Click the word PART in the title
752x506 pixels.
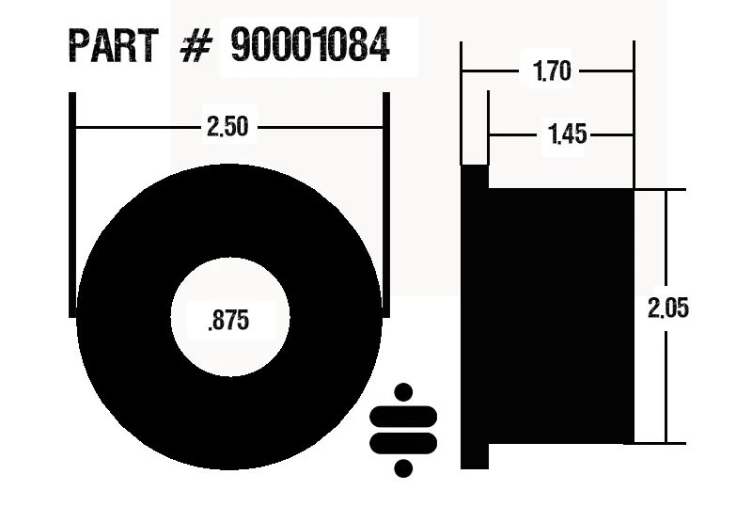(x=112, y=45)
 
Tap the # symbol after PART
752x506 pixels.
(x=193, y=46)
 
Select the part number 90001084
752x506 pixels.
(x=309, y=45)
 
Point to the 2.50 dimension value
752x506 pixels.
(x=227, y=126)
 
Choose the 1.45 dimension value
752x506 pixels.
(x=567, y=135)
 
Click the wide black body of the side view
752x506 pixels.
(x=560, y=316)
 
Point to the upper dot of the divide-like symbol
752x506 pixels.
(x=404, y=391)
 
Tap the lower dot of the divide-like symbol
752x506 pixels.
(x=404, y=466)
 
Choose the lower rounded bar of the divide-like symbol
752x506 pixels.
(x=404, y=441)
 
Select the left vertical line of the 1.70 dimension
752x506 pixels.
(x=462, y=103)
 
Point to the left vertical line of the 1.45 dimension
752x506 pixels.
(x=487, y=127)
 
